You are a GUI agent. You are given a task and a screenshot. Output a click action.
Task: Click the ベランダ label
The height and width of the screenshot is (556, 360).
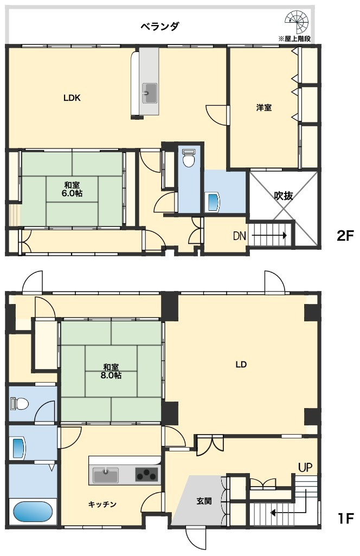(x=159, y=26)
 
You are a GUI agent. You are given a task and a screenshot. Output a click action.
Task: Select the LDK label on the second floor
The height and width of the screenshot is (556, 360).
(x=72, y=98)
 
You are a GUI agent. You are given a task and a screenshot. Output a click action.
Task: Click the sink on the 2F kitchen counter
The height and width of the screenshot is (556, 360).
(x=149, y=93)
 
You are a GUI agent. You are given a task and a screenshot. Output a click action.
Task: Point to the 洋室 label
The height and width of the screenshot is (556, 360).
(x=264, y=107)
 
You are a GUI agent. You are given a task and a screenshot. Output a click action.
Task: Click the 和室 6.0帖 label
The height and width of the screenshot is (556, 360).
(x=72, y=189)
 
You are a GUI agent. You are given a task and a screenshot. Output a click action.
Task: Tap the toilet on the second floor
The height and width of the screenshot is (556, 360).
(x=188, y=158)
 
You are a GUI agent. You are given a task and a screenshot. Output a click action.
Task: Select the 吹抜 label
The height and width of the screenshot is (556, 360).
(x=284, y=196)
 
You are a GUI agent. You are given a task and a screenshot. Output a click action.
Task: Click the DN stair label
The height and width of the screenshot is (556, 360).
(x=240, y=236)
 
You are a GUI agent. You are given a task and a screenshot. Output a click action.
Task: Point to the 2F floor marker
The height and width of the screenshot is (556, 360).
(x=345, y=236)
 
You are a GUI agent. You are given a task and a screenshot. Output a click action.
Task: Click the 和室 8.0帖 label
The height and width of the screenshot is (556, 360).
(x=111, y=371)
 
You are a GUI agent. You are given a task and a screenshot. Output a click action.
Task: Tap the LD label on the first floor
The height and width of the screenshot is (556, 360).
(x=241, y=364)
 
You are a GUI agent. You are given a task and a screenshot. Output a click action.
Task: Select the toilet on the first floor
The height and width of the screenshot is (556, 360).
(x=20, y=404)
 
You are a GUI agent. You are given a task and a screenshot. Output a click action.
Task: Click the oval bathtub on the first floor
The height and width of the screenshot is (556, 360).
(x=33, y=512)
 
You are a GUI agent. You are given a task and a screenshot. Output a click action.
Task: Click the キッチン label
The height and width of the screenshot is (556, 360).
(x=102, y=504)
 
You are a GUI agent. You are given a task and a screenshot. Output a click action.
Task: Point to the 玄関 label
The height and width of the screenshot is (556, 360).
(x=204, y=501)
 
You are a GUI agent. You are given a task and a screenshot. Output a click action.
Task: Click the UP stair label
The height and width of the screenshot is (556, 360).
(x=305, y=468)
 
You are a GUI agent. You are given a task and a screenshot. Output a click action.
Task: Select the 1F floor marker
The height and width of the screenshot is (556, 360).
(x=345, y=519)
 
